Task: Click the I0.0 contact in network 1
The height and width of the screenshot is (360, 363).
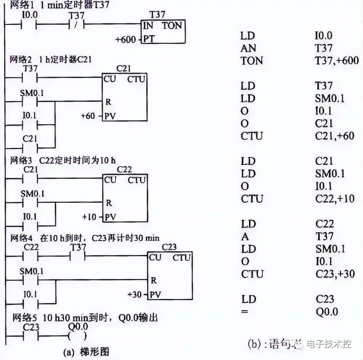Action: pos(29,25)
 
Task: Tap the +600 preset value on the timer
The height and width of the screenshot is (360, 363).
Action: pos(125,39)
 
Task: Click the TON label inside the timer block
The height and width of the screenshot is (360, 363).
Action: pos(171,25)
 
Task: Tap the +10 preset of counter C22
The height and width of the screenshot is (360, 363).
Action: pos(89,217)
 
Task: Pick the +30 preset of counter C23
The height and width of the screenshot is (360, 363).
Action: pos(134,294)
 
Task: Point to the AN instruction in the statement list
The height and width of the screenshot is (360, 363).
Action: pos(248,48)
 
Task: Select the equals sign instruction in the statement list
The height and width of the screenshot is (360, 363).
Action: pos(245,312)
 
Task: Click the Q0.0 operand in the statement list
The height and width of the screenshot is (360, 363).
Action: pos(326,312)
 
